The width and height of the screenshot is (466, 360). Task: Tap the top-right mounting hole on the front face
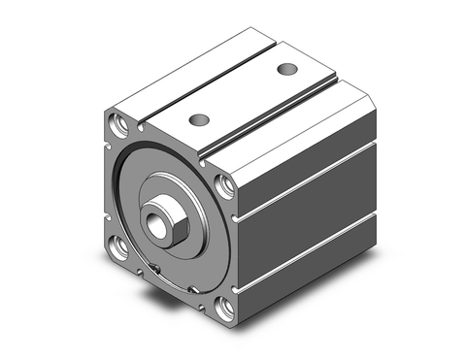(224, 184)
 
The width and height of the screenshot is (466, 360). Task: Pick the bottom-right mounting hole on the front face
(226, 310)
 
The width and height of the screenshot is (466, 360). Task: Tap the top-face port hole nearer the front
(200, 119)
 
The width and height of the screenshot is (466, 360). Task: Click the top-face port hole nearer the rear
(286, 69)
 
